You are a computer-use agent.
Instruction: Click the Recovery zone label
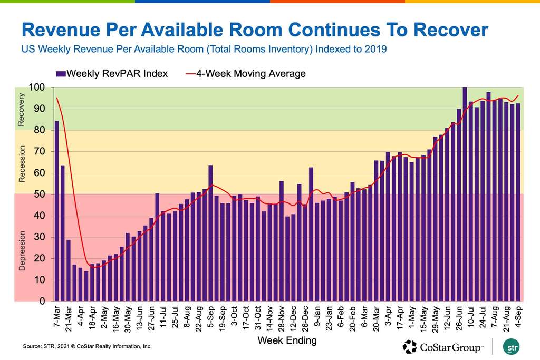[x=22, y=110]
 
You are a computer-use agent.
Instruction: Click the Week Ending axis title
[x=287, y=340]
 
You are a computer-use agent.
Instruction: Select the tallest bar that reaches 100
[x=465, y=194]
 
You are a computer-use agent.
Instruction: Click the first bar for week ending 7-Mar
[x=57, y=211]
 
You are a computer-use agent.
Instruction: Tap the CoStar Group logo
[x=443, y=347]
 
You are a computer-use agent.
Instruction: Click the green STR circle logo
[x=510, y=347]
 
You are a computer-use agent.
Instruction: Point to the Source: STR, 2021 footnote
[x=87, y=347]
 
